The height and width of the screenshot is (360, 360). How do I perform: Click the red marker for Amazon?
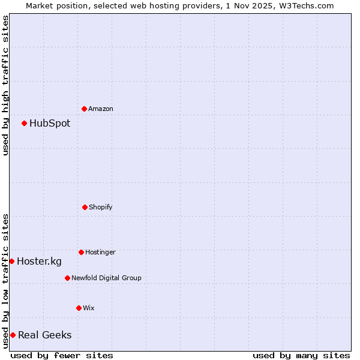click(85, 109)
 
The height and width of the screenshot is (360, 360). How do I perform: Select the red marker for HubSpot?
click(25, 124)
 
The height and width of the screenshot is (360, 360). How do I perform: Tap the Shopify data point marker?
click(85, 207)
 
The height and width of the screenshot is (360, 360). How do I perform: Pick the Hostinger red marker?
click(81, 252)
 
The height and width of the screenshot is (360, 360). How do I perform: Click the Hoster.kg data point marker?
click(12, 261)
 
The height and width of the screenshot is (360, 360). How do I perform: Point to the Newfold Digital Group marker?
click(67, 278)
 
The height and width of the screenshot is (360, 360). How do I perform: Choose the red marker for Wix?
click(79, 308)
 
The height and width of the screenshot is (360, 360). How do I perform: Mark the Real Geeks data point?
click(13, 335)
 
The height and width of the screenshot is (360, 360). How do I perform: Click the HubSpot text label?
click(50, 124)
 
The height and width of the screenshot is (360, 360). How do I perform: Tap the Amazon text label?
click(101, 109)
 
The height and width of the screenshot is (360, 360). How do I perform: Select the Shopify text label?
click(101, 207)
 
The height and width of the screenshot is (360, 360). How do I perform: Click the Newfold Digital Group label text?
click(106, 278)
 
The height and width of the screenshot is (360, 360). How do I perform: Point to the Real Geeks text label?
click(45, 335)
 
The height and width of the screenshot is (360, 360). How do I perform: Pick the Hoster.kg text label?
click(39, 261)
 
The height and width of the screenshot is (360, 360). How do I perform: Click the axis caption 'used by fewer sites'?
click(62, 355)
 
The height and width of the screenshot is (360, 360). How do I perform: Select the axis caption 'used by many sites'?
click(301, 355)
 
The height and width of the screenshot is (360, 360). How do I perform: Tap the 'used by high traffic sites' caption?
click(5, 85)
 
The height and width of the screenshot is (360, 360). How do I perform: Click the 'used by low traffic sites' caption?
click(5, 280)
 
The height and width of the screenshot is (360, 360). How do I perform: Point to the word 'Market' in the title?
click(40, 5)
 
